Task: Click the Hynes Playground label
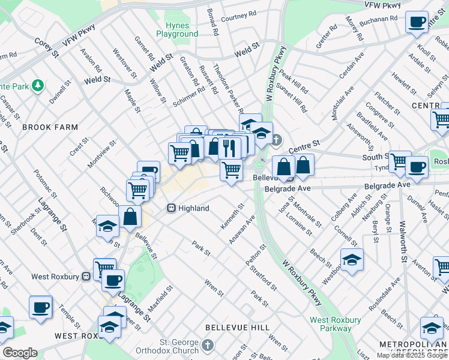click(177, 30)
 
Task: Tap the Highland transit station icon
click(171, 208)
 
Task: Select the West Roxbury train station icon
click(86, 277)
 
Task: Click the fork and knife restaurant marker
click(229, 147)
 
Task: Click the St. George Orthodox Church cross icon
click(208, 346)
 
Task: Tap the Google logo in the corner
click(19, 353)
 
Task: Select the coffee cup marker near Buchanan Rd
click(416, 22)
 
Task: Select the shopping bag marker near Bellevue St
click(130, 217)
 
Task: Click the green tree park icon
click(38, 86)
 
